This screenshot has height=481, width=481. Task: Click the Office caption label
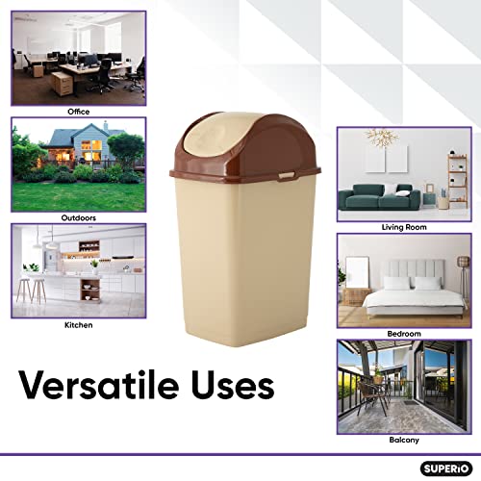click(78, 112)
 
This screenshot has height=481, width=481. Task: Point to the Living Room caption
click(403, 228)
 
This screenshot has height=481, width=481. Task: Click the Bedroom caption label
click(403, 333)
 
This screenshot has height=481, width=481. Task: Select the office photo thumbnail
click(78, 59)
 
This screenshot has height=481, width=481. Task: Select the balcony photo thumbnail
click(403, 384)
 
